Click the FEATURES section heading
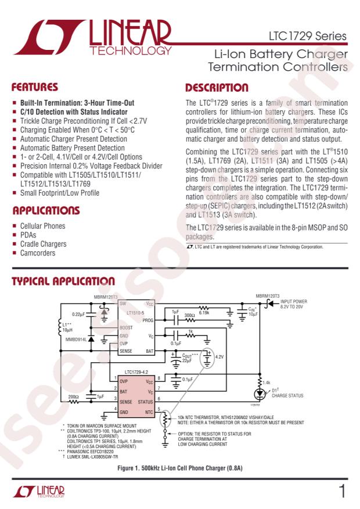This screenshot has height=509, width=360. [35, 88]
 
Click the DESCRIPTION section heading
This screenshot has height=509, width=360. [218, 88]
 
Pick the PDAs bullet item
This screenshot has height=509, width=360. [28, 235]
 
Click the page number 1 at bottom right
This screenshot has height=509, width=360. [342, 492]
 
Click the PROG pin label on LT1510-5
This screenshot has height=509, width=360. [147, 320]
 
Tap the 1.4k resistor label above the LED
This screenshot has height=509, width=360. [267, 382]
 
